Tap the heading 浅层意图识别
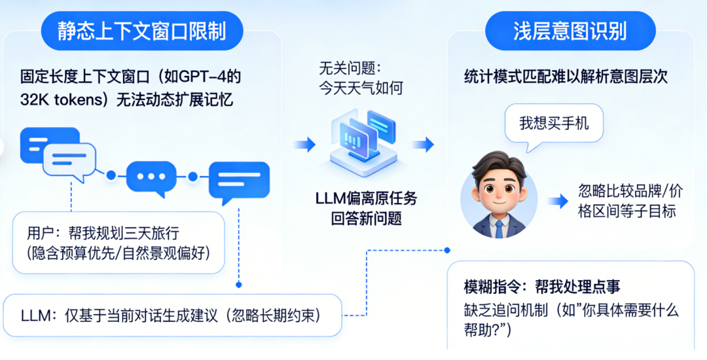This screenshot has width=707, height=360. pyautogui.click(x=570, y=31)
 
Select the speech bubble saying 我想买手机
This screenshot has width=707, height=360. pyautogui.click(x=553, y=122)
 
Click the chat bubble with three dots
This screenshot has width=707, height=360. pyautogui.click(x=151, y=176)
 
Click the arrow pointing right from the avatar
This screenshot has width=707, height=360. pyautogui.click(x=558, y=201)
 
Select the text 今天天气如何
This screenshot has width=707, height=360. pyautogui.click(x=359, y=87)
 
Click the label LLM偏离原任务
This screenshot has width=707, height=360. pyautogui.click(x=366, y=198)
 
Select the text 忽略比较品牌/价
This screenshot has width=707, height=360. pyautogui.click(x=630, y=192)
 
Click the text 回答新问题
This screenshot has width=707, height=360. pyautogui.click(x=366, y=219)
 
